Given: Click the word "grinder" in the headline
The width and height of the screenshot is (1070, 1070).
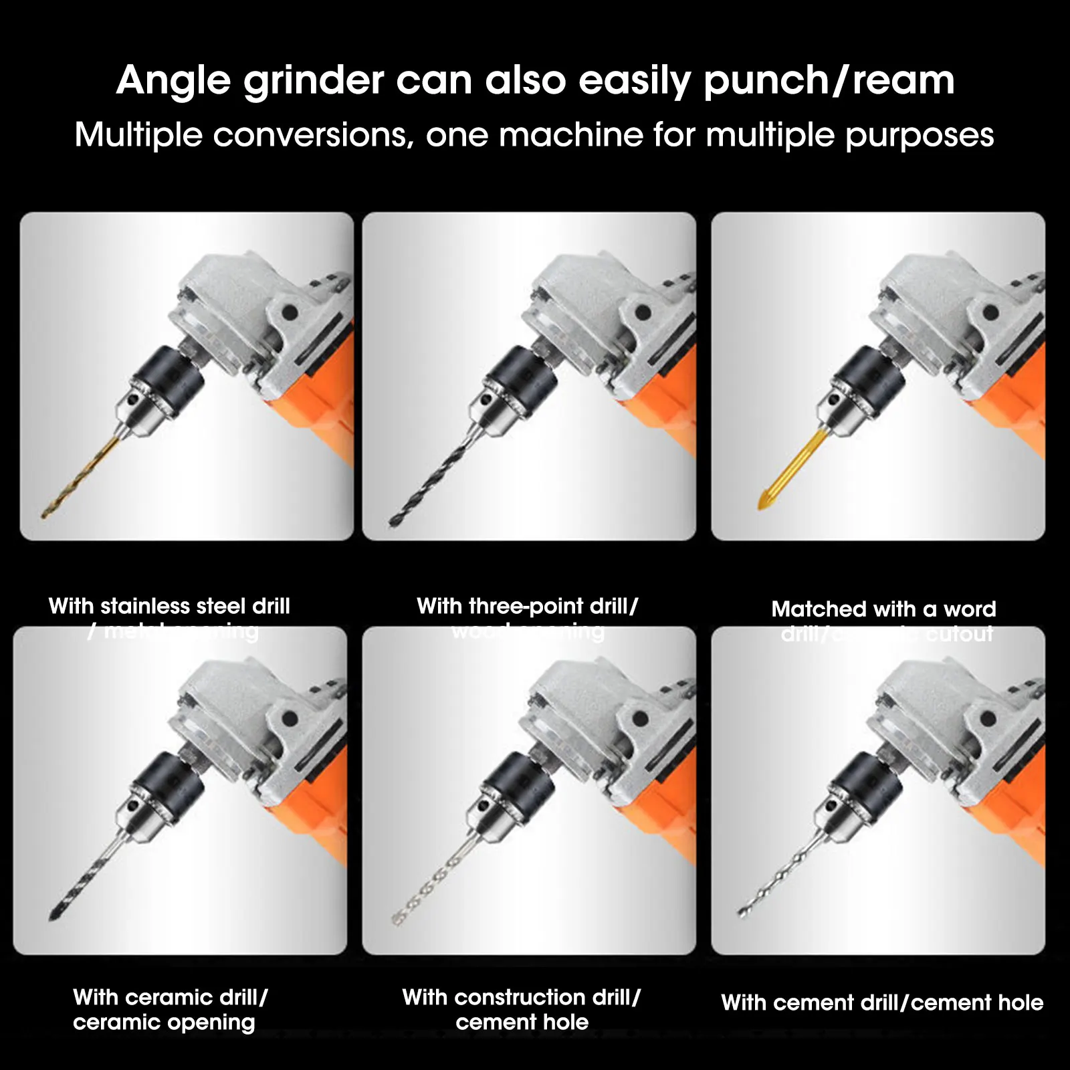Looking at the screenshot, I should pyautogui.click(x=313, y=82).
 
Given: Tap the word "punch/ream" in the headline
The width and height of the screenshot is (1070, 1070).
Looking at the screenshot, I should pyautogui.click(x=829, y=82).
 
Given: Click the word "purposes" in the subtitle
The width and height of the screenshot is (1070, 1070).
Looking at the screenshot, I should pyautogui.click(x=919, y=136).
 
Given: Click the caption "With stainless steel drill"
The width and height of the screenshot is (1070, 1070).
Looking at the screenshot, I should pyautogui.click(x=169, y=606).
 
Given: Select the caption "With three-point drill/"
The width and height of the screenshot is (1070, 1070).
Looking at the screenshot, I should pyautogui.click(x=527, y=606).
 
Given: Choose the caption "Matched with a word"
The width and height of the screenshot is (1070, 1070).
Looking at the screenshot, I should pyautogui.click(x=883, y=609).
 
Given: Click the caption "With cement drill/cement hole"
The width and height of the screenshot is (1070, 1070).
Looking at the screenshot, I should pyautogui.click(x=881, y=1002).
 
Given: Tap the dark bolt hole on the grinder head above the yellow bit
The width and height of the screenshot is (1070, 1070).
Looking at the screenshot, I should pyautogui.click(x=990, y=312).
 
